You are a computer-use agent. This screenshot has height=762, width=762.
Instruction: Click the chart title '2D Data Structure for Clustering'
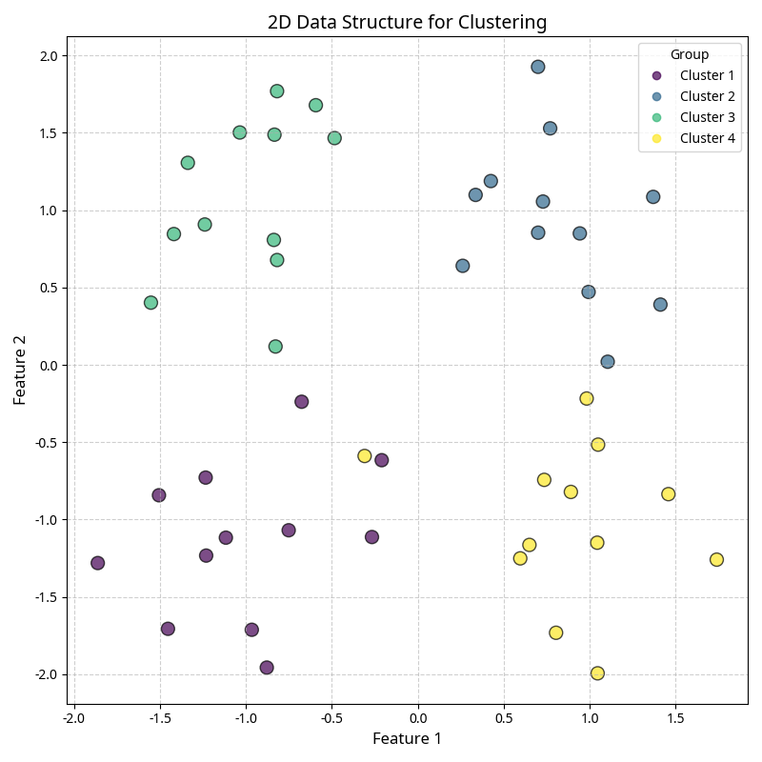click(x=407, y=22)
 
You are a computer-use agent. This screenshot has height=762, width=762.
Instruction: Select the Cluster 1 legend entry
click(x=707, y=75)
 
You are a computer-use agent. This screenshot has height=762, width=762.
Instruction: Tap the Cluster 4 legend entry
click(x=707, y=138)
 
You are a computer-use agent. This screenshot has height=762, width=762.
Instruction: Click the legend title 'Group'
click(x=690, y=54)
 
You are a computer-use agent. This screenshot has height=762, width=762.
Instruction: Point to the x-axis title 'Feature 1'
click(x=407, y=738)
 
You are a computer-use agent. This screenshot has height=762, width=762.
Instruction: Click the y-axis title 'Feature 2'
click(x=20, y=370)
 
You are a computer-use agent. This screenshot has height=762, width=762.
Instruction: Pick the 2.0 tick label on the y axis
click(x=48, y=55)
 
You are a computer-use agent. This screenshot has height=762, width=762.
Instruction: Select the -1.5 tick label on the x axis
click(x=159, y=716)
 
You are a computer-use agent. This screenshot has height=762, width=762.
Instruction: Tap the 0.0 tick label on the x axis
click(x=418, y=716)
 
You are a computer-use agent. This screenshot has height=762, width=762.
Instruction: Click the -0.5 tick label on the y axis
click(x=46, y=442)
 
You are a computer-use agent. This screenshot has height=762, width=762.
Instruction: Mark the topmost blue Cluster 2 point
click(x=538, y=67)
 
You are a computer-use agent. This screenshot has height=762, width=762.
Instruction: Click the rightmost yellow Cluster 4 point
click(x=716, y=559)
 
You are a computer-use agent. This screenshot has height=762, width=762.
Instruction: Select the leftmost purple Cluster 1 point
click(x=97, y=563)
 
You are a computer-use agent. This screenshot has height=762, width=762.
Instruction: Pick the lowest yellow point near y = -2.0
click(x=597, y=673)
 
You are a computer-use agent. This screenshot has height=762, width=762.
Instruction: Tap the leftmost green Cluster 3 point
click(x=150, y=303)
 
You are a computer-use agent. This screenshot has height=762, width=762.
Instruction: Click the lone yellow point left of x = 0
click(x=364, y=456)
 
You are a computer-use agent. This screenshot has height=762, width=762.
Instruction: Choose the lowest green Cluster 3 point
click(x=275, y=347)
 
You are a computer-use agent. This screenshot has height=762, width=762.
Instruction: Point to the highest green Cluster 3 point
click(x=277, y=91)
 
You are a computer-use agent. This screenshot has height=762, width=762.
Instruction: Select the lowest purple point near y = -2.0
click(x=267, y=668)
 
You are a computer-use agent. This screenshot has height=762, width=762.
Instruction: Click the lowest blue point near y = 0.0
click(x=608, y=362)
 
